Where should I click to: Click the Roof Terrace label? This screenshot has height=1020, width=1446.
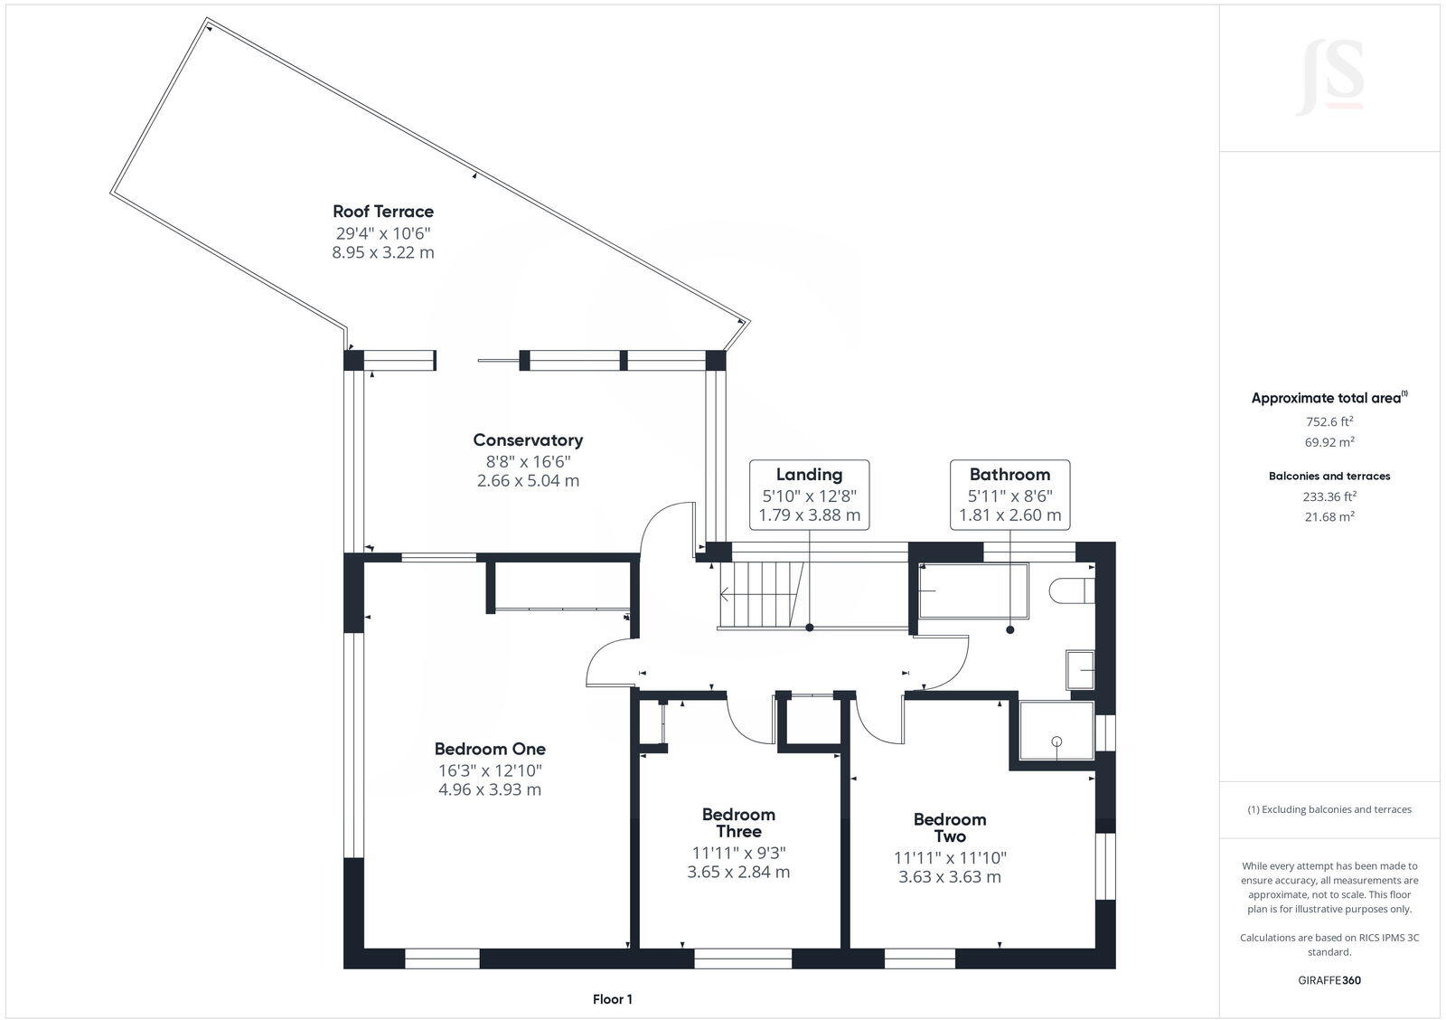[383, 212]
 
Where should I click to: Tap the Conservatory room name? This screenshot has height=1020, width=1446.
[528, 439]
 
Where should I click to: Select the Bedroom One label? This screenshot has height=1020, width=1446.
[490, 749]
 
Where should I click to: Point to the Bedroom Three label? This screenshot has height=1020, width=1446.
[738, 822]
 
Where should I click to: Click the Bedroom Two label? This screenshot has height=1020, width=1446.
[950, 827]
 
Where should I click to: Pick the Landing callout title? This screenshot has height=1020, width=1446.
[809, 475]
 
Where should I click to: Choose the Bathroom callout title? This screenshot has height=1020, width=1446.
[1009, 475]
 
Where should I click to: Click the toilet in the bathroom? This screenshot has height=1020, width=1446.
[1072, 590]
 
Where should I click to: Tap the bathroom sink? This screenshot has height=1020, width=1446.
[1080, 671]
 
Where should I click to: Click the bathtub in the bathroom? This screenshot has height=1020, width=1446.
[973, 591]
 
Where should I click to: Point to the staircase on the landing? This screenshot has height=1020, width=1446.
[761, 594]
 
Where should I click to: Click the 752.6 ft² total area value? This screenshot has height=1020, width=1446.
[1329, 421]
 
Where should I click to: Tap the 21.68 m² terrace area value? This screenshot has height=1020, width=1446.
[1329, 516]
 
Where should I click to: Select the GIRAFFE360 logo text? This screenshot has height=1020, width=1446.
[1329, 980]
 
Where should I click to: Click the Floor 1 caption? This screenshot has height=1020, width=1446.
[613, 999]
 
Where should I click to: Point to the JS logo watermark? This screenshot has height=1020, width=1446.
[1329, 79]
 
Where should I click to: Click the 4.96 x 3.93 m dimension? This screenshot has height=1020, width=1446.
[490, 789]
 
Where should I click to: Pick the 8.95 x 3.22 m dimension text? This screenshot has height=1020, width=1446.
[383, 252]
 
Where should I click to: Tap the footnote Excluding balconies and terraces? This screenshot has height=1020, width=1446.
[1329, 809]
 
